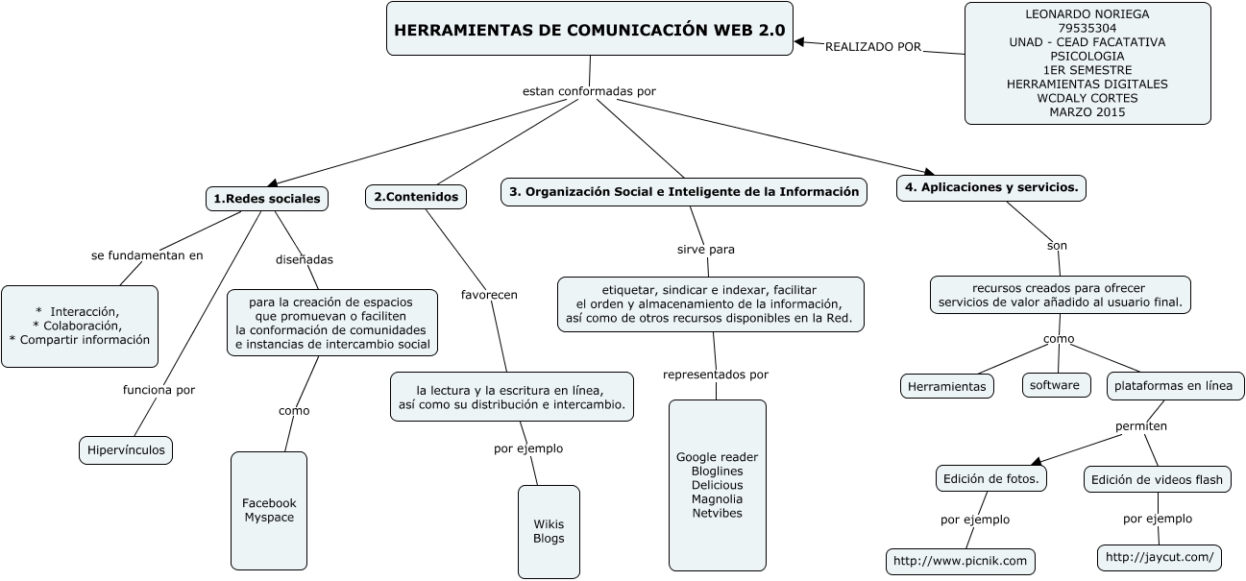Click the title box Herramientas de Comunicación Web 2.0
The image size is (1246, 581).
[590, 30]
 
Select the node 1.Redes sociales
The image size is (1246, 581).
[267, 199]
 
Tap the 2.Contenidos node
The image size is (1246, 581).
[416, 197]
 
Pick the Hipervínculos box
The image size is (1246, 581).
[125, 449]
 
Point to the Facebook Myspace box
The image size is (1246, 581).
[269, 510]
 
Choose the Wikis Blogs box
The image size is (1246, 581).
[549, 531]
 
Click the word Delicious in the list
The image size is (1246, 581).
[717, 485]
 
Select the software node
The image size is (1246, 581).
[1056, 385]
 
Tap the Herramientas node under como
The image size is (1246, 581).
[947, 386]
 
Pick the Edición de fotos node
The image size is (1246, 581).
[990, 478]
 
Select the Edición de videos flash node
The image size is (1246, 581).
[1157, 479]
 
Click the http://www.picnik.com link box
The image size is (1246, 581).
[960, 561]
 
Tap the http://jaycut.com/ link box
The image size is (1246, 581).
[1160, 557]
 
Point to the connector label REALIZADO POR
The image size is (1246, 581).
[872, 46]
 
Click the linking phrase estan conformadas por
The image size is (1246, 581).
[589, 91]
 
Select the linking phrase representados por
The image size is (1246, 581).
[716, 375]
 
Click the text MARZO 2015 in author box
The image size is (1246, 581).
[1087, 112]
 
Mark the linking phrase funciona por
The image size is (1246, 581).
[159, 390]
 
